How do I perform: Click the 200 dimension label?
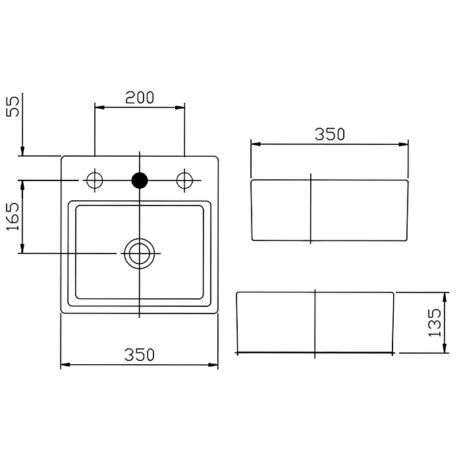point(140,97)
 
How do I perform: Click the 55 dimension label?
point(13,106)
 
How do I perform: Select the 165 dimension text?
point(13,216)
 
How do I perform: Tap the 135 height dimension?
point(435,323)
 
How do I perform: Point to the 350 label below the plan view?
point(140,355)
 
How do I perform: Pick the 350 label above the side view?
point(329,134)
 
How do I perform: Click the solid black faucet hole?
point(140,180)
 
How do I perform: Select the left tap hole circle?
point(95,180)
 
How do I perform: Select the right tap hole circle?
point(184,180)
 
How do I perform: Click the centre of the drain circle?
point(140,254)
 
